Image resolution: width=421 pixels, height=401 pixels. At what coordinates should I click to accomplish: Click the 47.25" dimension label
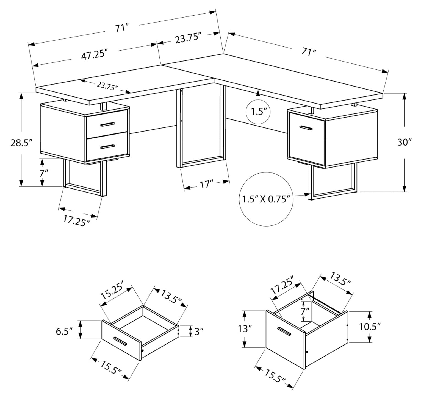94,54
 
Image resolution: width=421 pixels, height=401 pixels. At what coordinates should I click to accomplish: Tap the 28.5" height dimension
22,143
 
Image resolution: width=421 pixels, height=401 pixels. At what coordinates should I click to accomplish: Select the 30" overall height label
404,142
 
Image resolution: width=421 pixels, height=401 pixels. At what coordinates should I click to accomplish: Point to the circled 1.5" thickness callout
258,112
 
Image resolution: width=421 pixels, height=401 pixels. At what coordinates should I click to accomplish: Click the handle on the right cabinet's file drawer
306,128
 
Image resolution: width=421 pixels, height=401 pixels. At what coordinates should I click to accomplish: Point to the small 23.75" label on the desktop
107,86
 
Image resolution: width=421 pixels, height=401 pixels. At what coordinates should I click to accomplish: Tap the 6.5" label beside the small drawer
64,331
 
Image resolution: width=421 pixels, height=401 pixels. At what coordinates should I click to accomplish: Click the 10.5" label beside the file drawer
370,327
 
